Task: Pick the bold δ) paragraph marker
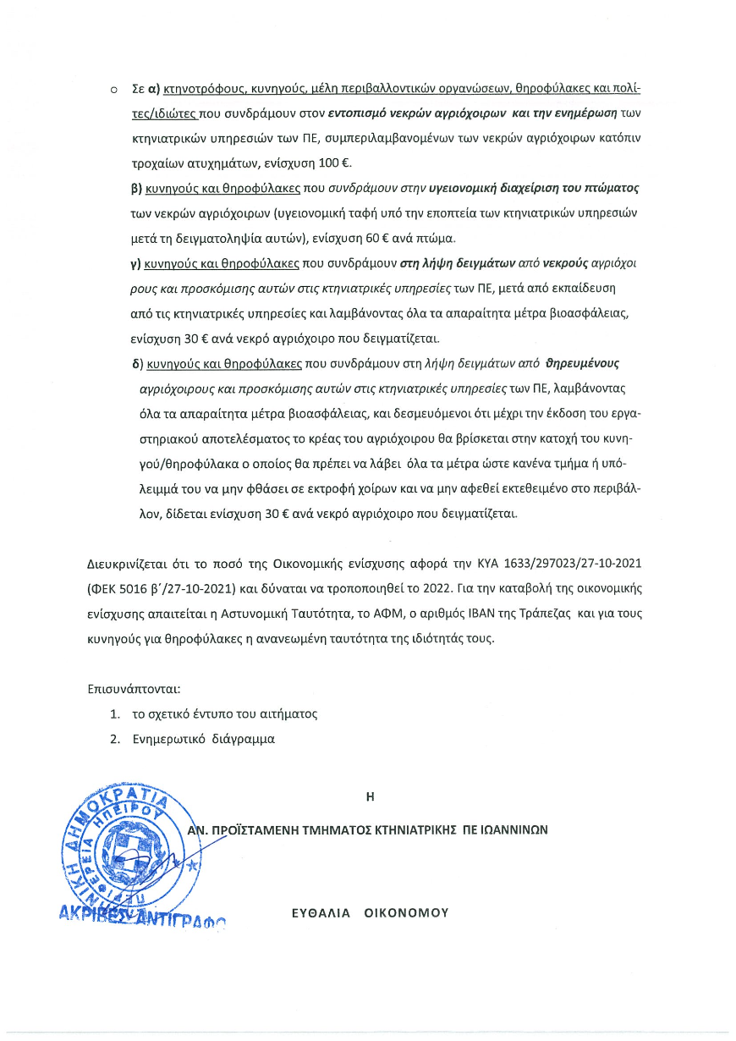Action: tap(136, 365)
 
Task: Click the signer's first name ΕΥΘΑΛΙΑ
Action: tap(320, 913)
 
